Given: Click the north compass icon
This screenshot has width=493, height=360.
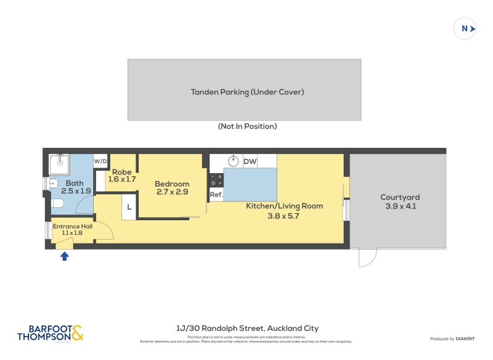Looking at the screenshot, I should tap(465, 28).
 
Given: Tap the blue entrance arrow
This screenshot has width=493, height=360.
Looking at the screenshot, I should tap(64, 256).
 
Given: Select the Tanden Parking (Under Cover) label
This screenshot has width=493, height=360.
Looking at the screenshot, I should tap(247, 92).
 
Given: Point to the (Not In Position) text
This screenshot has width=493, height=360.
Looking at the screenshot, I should tap(247, 126).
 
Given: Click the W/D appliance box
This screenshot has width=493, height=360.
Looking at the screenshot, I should tap(100, 162).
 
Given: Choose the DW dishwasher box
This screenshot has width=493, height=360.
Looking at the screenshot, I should tap(250, 162).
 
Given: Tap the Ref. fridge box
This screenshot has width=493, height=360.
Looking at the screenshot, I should tap(216, 194).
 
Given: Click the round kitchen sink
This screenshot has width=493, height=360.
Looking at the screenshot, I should tap(234, 162).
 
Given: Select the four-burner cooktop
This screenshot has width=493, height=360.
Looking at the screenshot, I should tap(216, 180).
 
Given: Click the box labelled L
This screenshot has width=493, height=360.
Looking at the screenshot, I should tap(129, 207).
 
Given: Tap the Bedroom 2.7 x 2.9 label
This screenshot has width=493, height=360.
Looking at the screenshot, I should tap(172, 188).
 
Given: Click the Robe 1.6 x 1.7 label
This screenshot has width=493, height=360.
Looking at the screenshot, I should tap(121, 175).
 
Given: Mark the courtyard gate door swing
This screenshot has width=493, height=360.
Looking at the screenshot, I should tap(367, 258).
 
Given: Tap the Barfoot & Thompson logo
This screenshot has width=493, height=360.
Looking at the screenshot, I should tap(50, 333).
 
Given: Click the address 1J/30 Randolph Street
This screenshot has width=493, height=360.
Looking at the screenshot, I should tap(246, 329).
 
